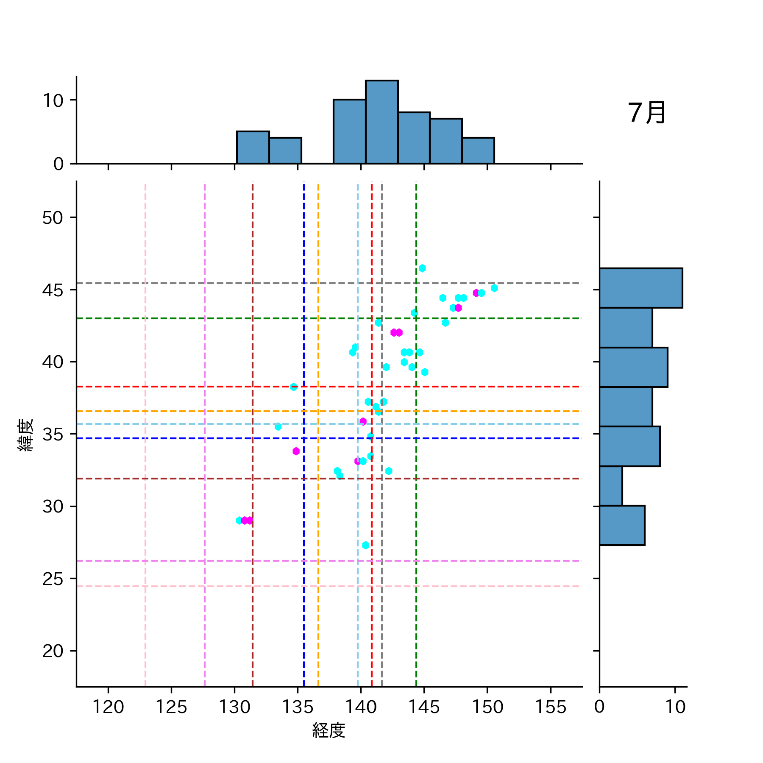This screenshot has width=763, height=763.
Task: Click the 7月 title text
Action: pos(646,113)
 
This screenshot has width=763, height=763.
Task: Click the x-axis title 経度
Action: pos(329,730)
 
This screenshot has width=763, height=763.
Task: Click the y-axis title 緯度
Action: pos(25,435)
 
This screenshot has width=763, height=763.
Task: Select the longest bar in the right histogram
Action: pos(640,288)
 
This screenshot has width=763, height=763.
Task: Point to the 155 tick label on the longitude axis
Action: pos(550,707)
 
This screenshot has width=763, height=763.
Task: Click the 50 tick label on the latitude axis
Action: pos(53,218)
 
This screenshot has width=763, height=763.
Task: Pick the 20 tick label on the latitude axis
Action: pos(53,651)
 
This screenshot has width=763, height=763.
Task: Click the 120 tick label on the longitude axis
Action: pos(108,707)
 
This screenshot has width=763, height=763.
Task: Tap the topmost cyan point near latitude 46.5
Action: pos(422,268)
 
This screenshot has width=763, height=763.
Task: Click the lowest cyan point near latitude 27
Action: pos(366,545)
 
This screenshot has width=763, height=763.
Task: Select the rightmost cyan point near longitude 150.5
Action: pos(494,288)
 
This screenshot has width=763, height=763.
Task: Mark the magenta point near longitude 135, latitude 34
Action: pos(296,451)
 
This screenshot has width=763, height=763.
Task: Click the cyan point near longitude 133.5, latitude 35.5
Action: pos(278,426)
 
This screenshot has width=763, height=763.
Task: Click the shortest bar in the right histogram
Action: pos(611,486)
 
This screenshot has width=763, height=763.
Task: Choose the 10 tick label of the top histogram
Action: pos(53,100)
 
